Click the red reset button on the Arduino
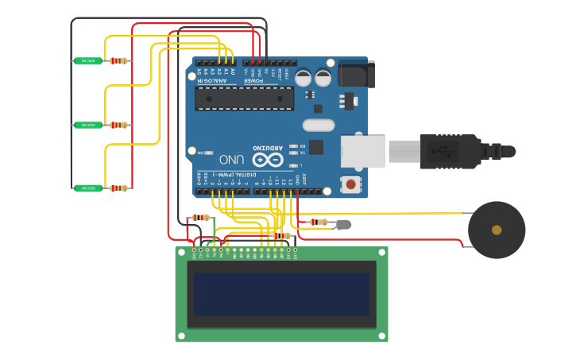350,184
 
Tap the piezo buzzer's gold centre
497,230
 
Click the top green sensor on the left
87,60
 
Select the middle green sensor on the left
87,125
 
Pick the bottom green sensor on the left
87,188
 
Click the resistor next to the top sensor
118,60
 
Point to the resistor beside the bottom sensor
118,188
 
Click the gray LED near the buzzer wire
343,224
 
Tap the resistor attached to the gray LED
320,223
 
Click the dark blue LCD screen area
281,294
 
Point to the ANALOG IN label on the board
211,80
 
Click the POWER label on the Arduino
253,80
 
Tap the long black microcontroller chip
245,99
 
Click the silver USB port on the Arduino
363,151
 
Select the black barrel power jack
356,74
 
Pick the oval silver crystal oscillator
319,125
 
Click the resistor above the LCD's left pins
201,217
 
